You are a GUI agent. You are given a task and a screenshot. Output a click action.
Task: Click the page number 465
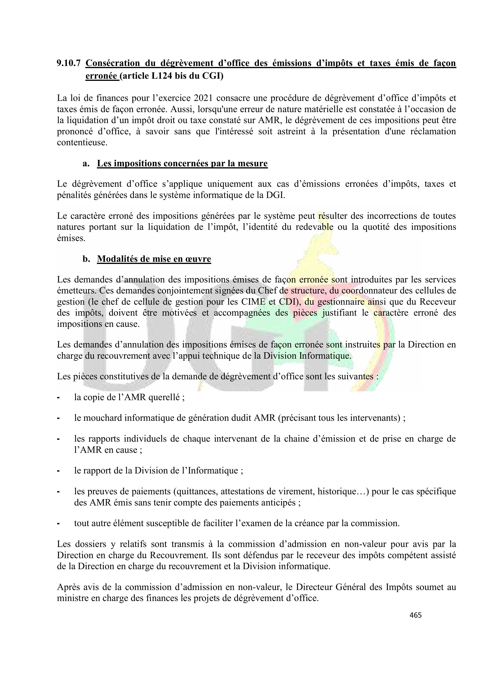(x=415, y=615)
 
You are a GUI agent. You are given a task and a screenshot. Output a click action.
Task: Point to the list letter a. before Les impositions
(x=86, y=163)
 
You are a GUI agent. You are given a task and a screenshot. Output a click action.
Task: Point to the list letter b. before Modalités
(x=86, y=259)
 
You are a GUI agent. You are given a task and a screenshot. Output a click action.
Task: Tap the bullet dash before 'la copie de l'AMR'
(x=59, y=398)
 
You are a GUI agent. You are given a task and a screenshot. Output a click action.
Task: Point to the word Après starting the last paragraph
(x=68, y=587)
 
